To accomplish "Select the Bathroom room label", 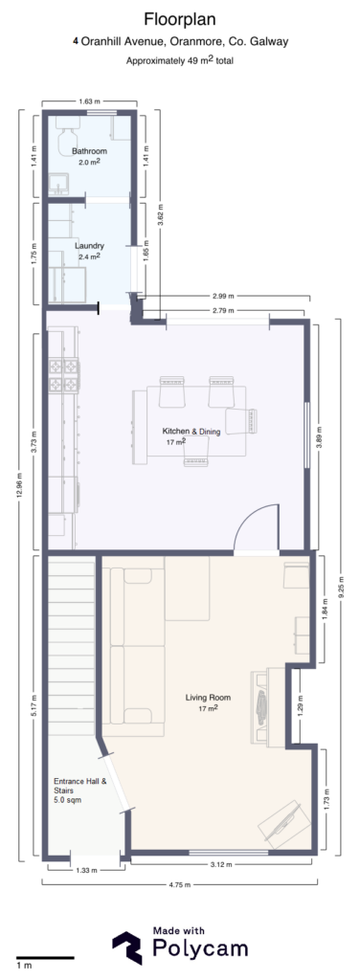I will (89, 151).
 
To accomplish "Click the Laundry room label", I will (89, 246).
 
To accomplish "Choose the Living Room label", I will (204, 697).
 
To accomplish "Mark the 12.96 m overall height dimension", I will (20, 485).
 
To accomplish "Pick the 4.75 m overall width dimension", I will (179, 885).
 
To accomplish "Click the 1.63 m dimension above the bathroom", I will (89, 100).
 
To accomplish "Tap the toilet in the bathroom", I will (67, 141).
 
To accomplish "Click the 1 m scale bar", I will (44, 957).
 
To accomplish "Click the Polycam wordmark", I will (201, 948).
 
